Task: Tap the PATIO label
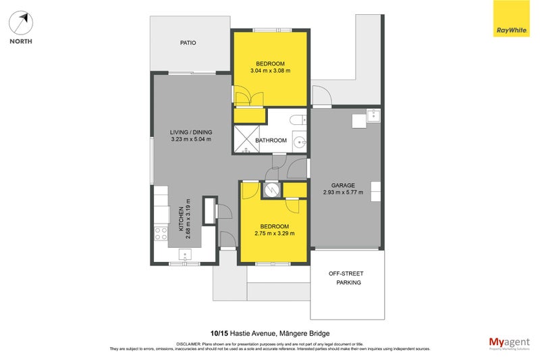click(188, 43)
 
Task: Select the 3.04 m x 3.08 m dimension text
click(270, 71)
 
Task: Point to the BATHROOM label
click(271, 140)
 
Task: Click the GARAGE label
click(343, 184)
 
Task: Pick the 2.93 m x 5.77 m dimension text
click(343, 192)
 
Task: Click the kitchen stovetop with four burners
click(161, 234)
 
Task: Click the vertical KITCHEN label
click(181, 220)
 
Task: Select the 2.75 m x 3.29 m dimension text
click(274, 234)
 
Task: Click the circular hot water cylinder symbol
click(272, 190)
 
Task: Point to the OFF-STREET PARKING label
click(346, 278)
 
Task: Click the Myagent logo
click(508, 342)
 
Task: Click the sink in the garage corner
click(372, 116)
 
